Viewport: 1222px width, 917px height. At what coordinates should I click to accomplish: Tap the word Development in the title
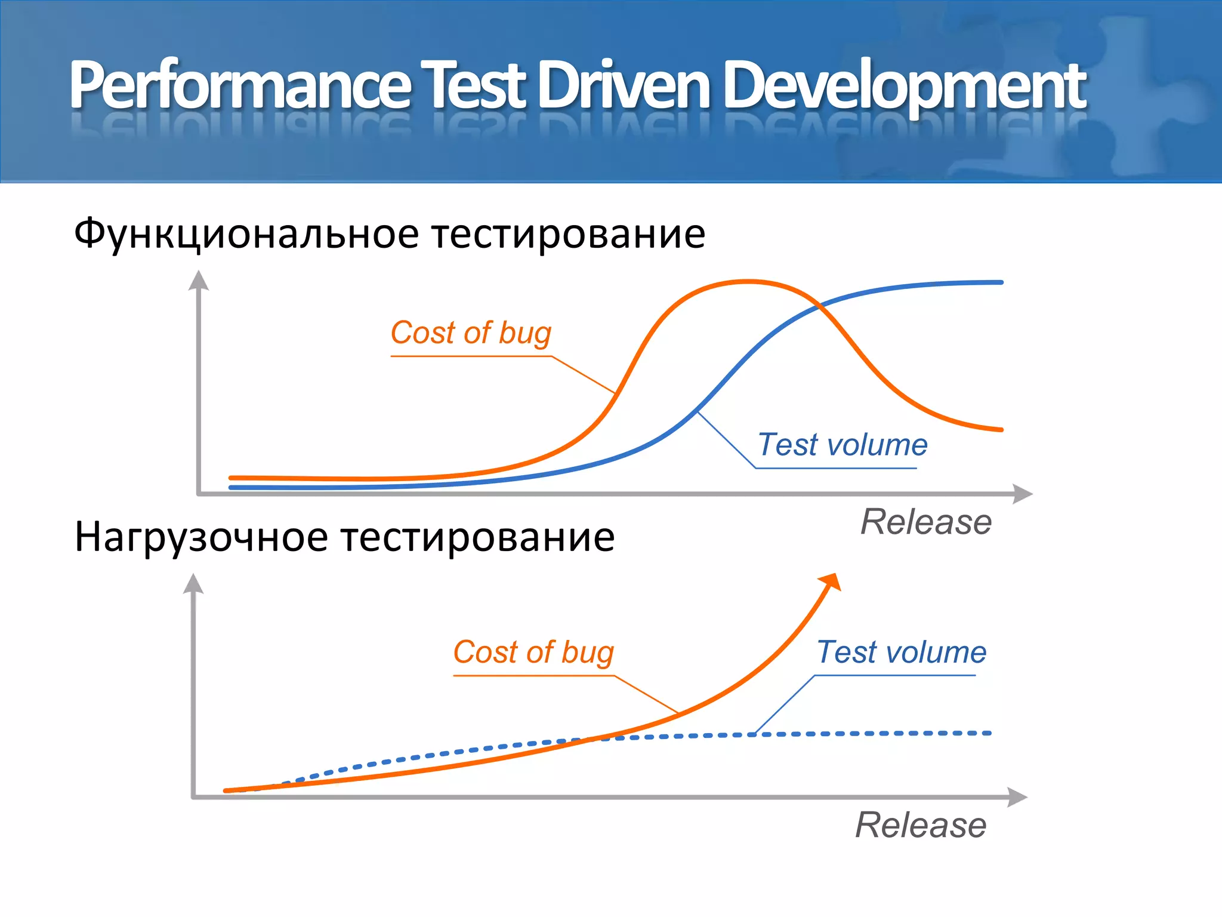point(905,87)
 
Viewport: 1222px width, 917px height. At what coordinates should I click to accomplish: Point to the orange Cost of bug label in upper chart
point(471,333)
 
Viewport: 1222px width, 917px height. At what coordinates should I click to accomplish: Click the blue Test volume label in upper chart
point(842,445)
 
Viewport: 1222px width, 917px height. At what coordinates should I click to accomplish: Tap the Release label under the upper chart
point(925,522)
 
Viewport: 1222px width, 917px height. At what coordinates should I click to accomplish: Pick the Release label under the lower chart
point(920,826)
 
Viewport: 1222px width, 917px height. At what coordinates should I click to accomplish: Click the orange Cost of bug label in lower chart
point(533,652)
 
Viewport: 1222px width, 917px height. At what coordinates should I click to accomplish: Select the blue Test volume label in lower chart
point(901,652)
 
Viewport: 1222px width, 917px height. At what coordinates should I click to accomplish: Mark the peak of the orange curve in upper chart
point(747,281)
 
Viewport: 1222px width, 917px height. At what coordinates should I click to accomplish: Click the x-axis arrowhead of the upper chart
point(1023,494)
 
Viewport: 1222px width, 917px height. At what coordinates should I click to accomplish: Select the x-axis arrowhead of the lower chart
point(1017,797)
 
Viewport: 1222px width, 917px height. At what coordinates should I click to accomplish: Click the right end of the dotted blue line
point(989,733)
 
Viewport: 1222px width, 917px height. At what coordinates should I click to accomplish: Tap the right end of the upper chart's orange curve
point(1001,429)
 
